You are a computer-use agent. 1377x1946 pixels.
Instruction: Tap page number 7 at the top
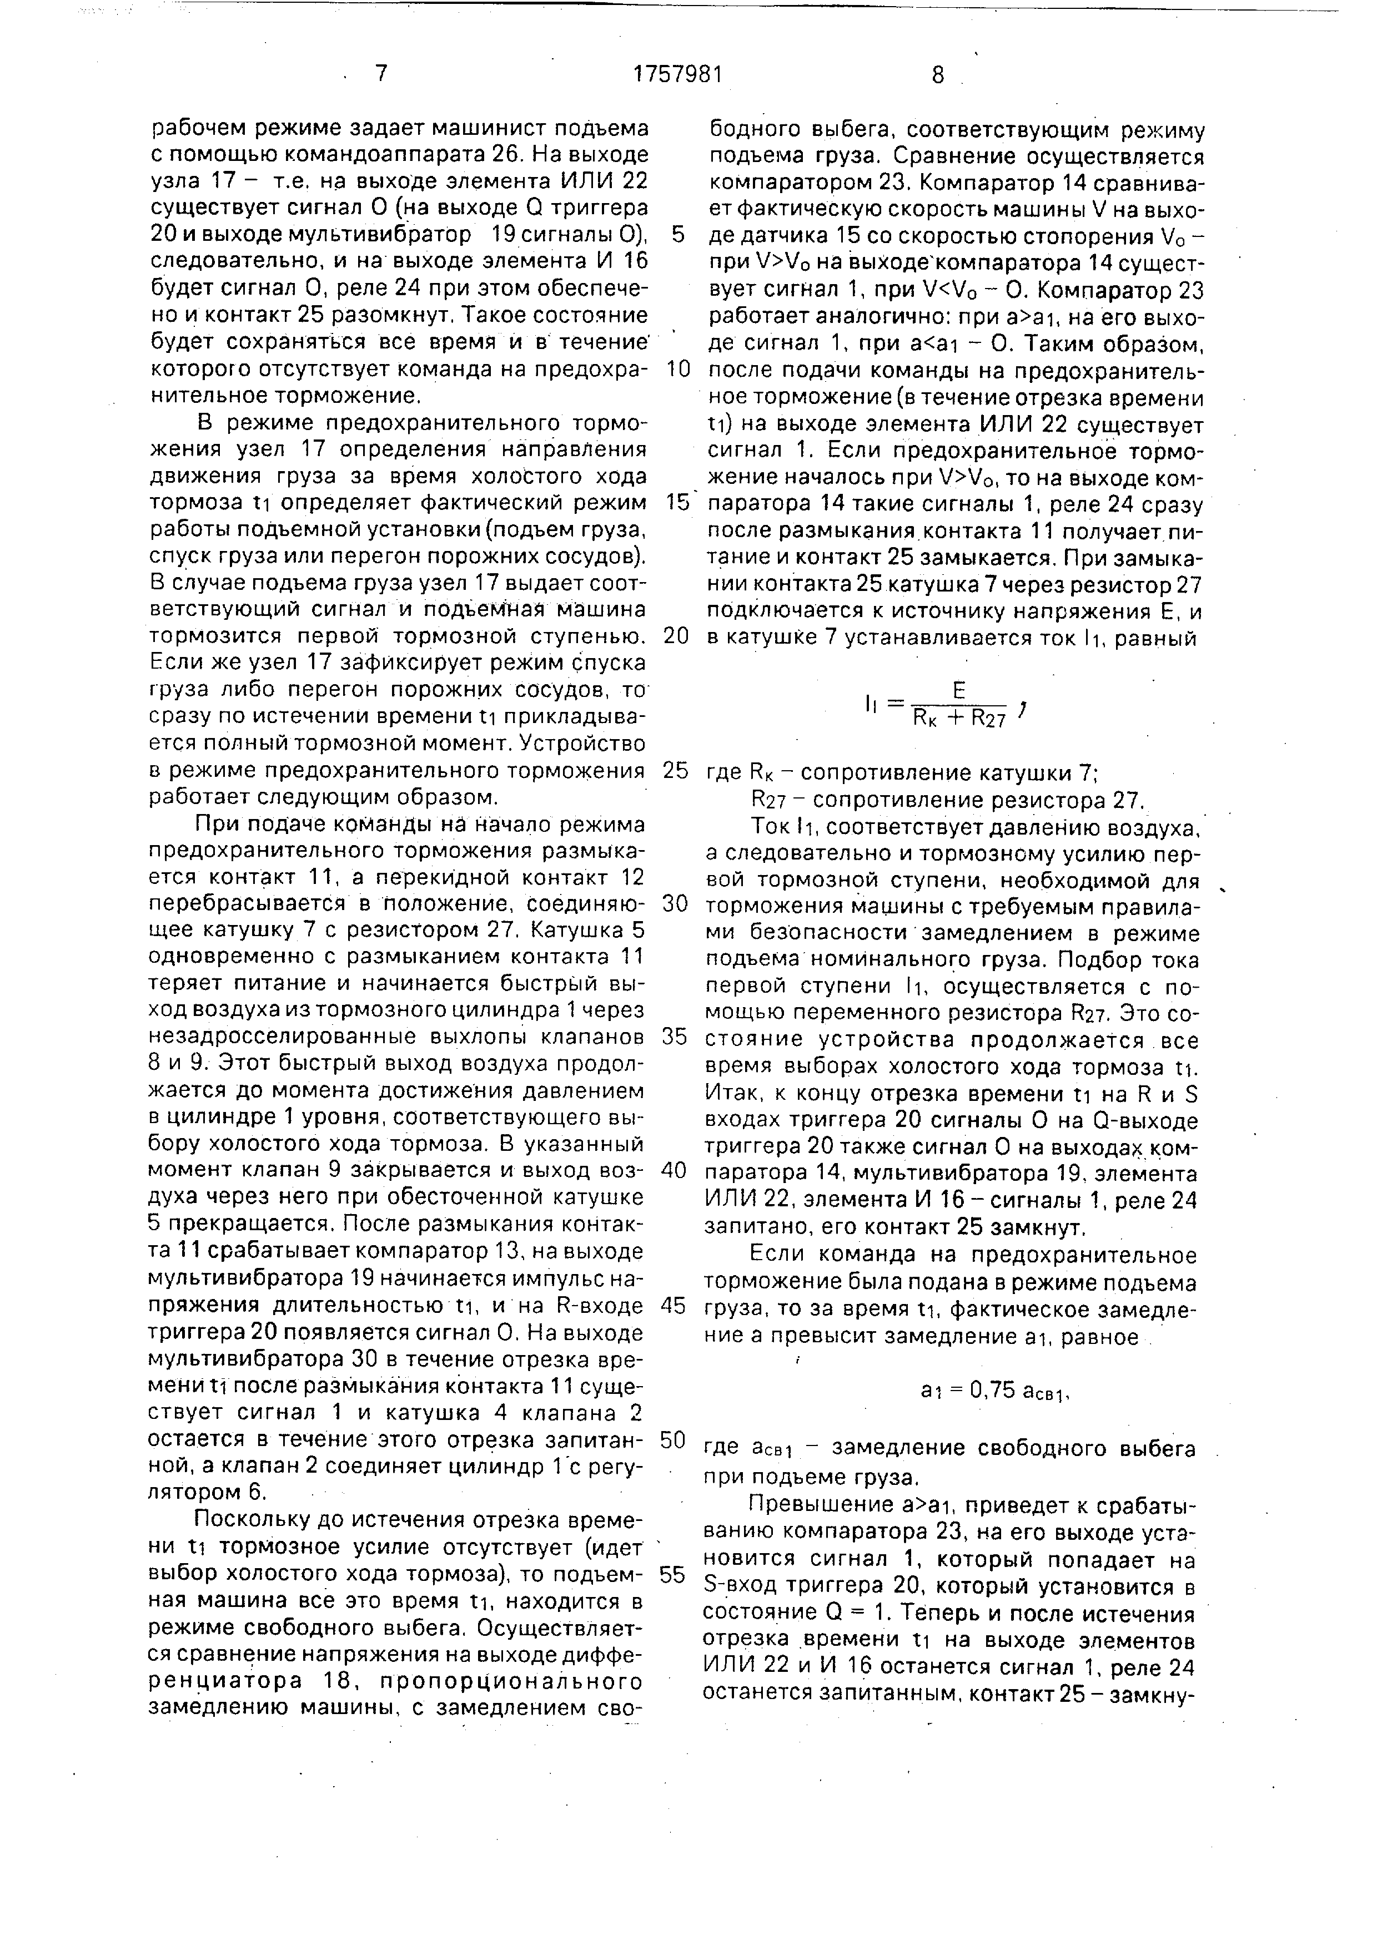click(381, 74)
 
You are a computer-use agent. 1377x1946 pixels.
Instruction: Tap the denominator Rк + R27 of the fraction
click(959, 718)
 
